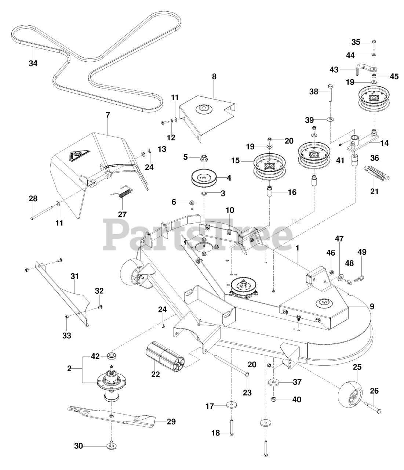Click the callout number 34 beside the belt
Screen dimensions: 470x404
[x=33, y=63]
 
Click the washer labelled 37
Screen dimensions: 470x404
[x=273, y=382]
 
